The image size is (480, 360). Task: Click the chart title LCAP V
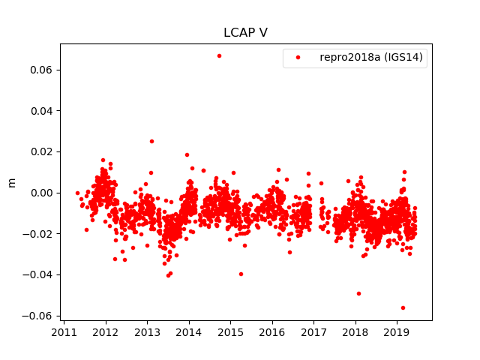point(245,33)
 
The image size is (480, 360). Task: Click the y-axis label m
point(11,182)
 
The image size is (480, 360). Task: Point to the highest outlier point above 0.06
point(219,55)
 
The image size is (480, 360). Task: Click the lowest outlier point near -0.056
point(403,307)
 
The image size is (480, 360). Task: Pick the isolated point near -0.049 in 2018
point(358,293)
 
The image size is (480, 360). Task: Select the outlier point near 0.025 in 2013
point(151,141)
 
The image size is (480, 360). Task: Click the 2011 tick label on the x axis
point(64,332)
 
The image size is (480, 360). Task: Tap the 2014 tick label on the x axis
point(189,332)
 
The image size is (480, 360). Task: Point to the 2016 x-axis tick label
point(272,332)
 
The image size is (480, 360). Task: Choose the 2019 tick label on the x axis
point(397,332)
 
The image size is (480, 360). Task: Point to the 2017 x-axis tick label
point(314,332)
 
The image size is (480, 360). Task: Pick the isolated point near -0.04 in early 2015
point(241,274)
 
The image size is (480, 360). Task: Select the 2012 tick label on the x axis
point(106,332)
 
